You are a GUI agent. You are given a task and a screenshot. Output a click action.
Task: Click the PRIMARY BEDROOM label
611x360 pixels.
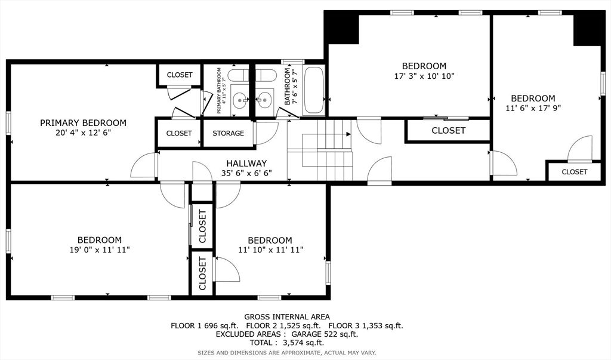tap(83, 123)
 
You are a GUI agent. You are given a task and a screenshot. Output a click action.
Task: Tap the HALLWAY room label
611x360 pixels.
tap(246, 164)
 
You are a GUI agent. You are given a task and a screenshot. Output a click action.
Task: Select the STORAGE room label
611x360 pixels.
tap(229, 133)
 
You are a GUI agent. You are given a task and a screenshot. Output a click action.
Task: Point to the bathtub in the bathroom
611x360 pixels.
tap(313, 91)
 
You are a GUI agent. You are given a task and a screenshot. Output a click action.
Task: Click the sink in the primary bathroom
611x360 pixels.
tap(239, 101)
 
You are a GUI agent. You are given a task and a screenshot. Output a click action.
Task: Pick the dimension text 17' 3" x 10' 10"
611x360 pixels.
tap(424, 76)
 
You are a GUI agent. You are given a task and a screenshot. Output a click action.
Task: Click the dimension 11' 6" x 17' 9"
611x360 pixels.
tap(533, 109)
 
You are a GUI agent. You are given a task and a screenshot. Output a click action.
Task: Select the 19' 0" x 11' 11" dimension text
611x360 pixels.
tap(100, 250)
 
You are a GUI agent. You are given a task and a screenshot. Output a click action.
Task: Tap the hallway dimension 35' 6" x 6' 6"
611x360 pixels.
tap(246, 173)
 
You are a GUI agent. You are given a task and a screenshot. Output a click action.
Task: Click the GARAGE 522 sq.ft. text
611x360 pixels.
tap(325, 334)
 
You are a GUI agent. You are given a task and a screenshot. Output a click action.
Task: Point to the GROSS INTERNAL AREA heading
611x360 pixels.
tap(287, 317)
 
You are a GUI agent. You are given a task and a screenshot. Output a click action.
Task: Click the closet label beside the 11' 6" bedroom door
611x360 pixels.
tap(575, 172)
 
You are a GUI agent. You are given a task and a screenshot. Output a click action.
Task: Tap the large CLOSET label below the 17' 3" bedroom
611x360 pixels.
tap(449, 131)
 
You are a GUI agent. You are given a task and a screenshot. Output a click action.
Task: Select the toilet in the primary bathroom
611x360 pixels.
tap(237, 75)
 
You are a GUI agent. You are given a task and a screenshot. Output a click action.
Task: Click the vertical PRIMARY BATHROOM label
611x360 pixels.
tap(219, 91)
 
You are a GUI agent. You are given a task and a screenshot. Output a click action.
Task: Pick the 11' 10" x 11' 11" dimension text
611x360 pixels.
tap(271, 250)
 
